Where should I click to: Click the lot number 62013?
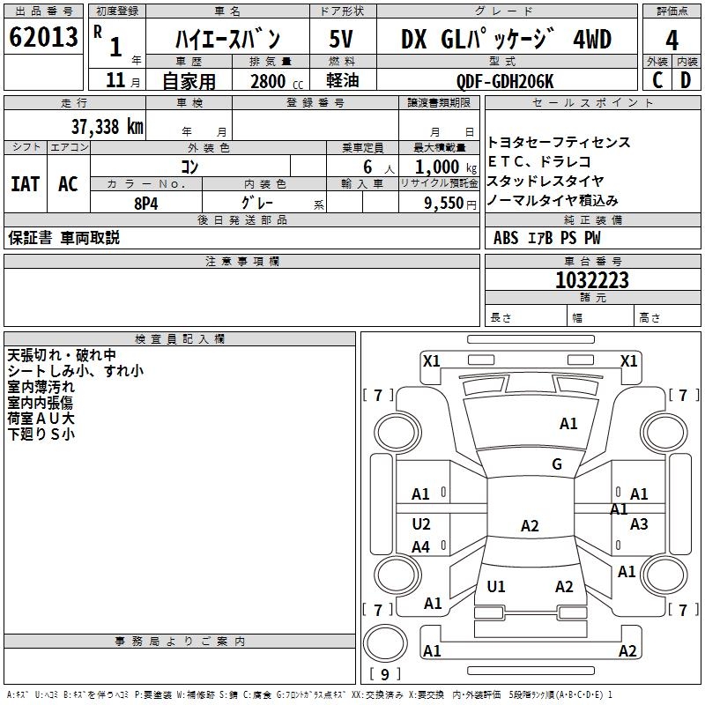(42, 37)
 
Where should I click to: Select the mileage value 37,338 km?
(107, 126)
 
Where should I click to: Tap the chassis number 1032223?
(591, 280)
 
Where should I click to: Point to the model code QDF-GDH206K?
(505, 80)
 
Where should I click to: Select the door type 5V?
(342, 39)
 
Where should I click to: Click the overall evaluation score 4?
(672, 39)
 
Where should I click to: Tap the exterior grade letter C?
(657, 79)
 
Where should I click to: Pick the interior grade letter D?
(686, 79)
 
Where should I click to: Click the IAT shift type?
(25, 184)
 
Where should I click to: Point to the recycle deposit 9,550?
(444, 202)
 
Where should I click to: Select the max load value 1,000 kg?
(442, 166)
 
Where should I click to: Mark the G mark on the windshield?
(557, 464)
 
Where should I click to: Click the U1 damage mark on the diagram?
(496, 586)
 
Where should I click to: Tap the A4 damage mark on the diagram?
(420, 547)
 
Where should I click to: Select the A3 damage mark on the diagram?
(639, 524)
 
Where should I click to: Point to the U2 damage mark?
(421, 524)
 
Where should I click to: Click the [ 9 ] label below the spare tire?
(384, 674)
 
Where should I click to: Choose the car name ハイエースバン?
(227, 39)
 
